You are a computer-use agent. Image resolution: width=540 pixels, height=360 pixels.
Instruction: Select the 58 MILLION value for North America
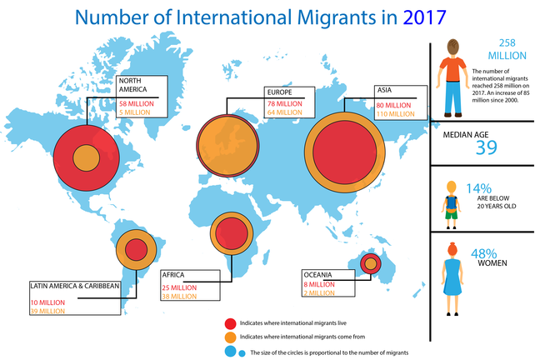point(137,103)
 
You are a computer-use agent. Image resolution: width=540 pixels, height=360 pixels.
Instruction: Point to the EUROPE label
point(279,92)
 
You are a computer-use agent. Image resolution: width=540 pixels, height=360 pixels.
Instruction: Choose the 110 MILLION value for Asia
point(395,112)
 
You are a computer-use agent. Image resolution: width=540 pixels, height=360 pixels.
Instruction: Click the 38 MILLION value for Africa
point(179,295)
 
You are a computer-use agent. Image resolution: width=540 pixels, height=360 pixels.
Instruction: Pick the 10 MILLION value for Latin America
point(47,302)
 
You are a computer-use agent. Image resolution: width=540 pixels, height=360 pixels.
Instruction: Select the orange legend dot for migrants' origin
point(230,337)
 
